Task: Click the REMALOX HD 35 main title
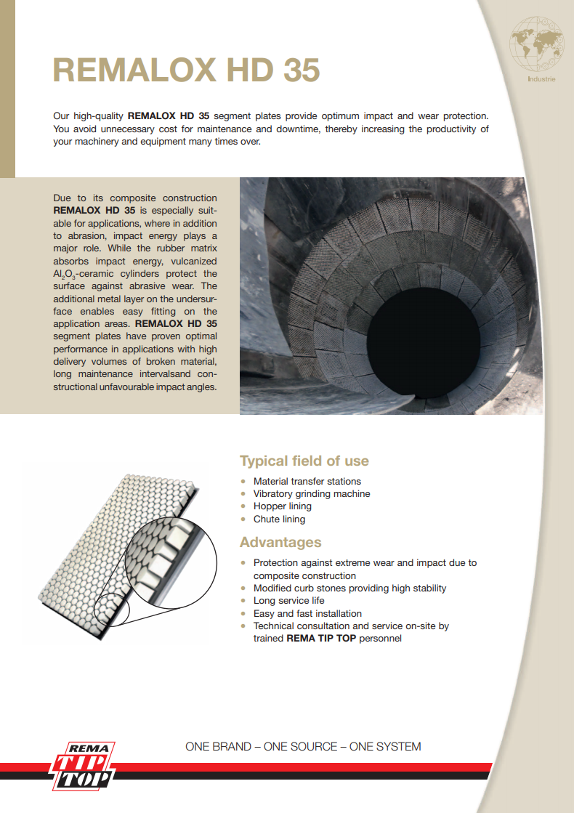coord(186,70)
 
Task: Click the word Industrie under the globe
coord(541,79)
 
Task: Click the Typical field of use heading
coord(304,461)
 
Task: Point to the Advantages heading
coord(280,542)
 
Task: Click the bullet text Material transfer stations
coord(307,481)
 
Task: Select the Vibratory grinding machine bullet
coord(311,494)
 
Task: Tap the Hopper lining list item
coord(282,506)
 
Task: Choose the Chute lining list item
coord(279,519)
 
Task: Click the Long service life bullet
coord(288,601)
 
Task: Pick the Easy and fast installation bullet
coord(307,614)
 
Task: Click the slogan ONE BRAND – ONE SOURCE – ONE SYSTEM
coord(303,747)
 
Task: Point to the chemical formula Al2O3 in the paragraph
coord(67,274)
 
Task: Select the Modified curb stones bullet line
coord(349,588)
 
